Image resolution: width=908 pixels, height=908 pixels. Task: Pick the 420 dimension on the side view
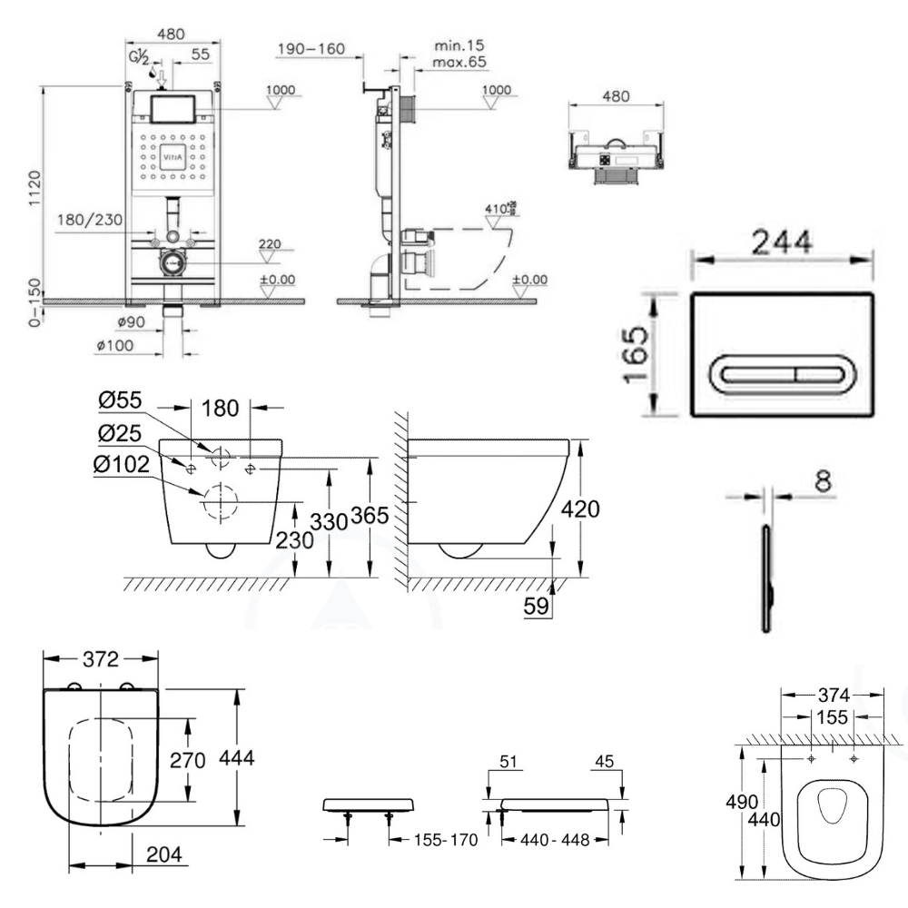(579, 509)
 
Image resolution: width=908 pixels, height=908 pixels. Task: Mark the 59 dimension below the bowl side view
(538, 606)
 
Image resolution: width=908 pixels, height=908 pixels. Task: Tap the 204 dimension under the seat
(164, 854)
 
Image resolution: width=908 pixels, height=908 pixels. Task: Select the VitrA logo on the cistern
(173, 157)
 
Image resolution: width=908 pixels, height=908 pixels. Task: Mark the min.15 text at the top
(459, 44)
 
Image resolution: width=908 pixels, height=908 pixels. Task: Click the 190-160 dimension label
(312, 48)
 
